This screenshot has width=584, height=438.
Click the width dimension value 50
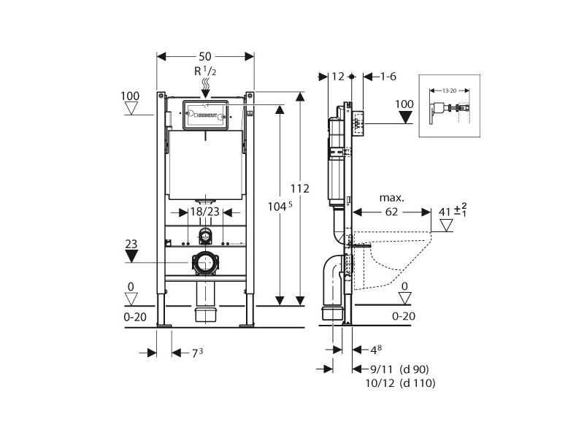tap(207, 56)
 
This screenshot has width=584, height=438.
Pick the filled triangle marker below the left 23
tap(132, 257)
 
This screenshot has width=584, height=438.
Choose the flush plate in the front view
tap(207, 115)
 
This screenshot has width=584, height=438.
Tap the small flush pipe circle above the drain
tap(207, 235)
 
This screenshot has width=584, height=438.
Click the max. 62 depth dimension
tap(392, 212)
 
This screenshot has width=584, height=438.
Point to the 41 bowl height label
tap(445, 212)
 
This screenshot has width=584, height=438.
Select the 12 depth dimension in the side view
tap(337, 76)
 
